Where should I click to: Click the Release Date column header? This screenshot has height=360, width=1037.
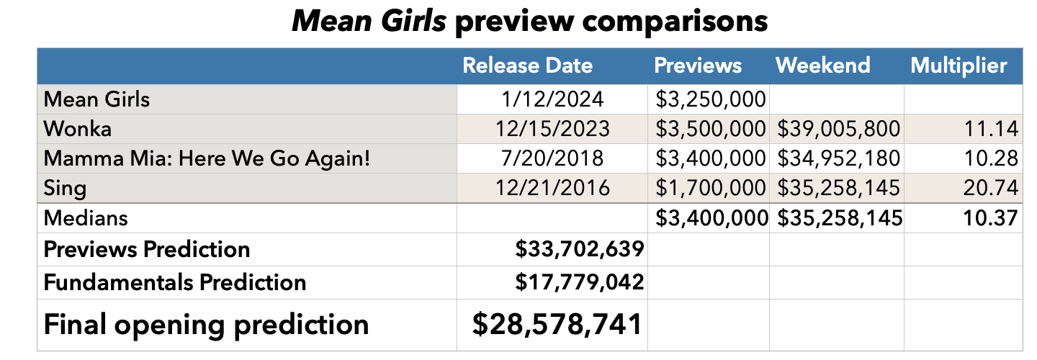(527, 66)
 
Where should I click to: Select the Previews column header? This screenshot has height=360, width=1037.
(697, 66)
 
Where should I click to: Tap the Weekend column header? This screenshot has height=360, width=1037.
(822, 66)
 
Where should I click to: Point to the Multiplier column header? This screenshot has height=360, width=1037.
(959, 66)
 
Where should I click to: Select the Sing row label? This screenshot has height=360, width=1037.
(65, 189)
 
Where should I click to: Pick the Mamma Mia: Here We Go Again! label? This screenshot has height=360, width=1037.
(207, 158)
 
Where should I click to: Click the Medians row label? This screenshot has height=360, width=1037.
(86, 217)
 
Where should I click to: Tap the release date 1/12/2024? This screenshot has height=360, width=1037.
(552, 99)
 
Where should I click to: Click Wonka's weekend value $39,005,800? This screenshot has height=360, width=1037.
(839, 129)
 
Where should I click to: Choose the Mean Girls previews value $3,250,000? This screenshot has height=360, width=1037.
(709, 99)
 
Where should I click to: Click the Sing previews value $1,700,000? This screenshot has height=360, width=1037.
(709, 189)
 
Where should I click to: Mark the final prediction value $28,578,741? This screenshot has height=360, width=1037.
(557, 324)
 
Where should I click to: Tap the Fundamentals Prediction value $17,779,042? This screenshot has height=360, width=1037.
(579, 282)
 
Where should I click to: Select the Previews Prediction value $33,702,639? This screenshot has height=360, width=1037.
(579, 250)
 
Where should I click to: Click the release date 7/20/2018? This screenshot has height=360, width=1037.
(552, 158)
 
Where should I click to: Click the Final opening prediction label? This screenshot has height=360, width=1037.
(206, 325)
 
